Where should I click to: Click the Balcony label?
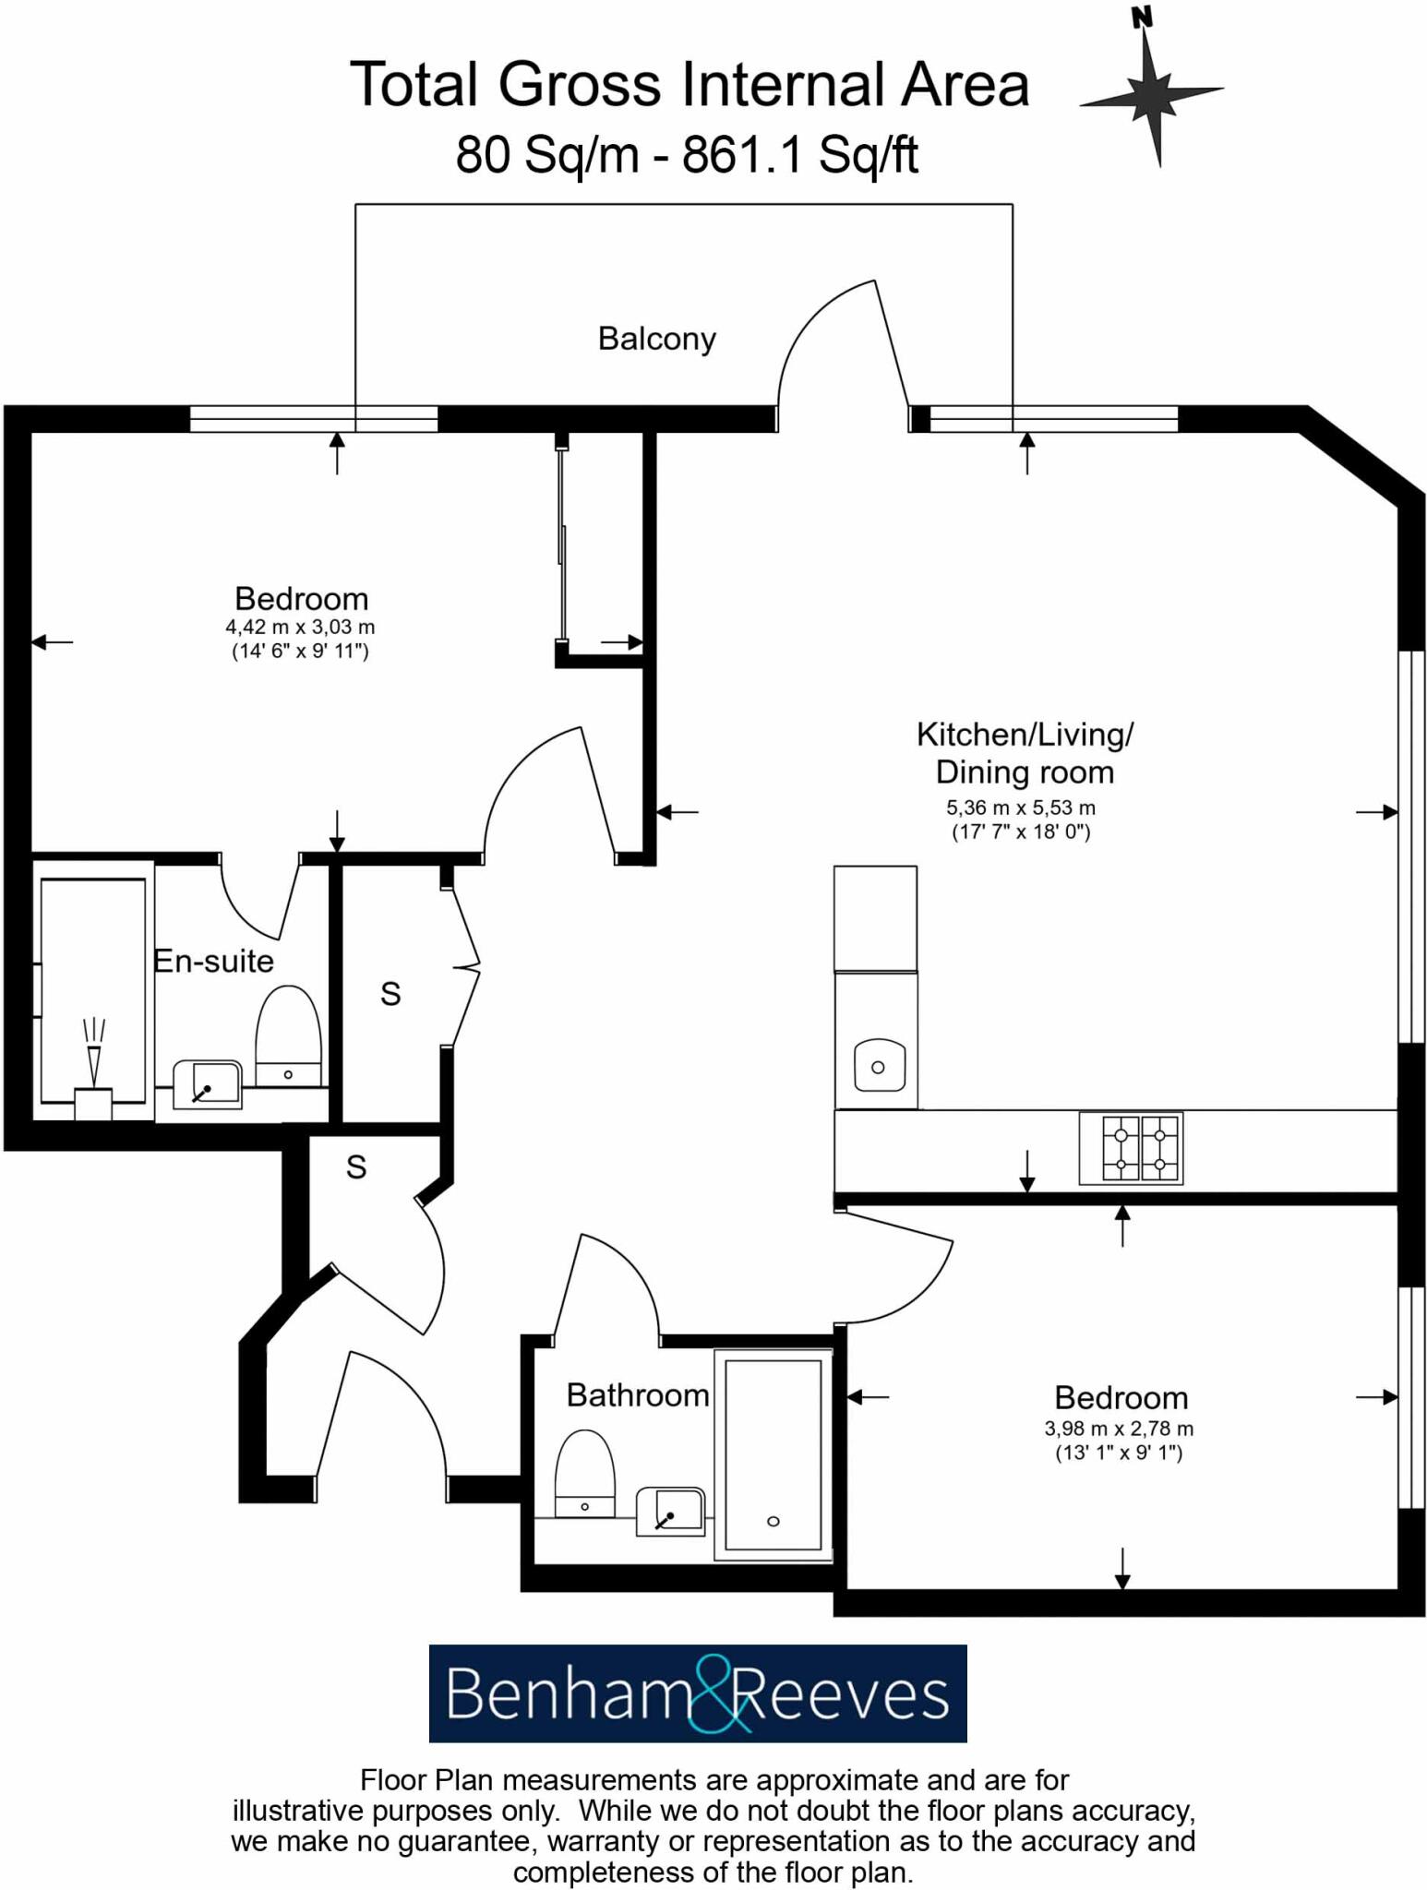[x=656, y=339]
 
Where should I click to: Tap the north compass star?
[x=1151, y=93]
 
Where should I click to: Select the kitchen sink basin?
[x=878, y=1066]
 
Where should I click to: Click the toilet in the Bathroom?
[x=584, y=1474]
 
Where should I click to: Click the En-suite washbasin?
[x=208, y=1084]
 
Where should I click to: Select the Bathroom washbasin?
[x=671, y=1511]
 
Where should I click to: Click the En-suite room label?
[x=213, y=961]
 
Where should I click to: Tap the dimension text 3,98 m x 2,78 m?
[x=1119, y=1429]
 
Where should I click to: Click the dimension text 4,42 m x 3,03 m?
[x=300, y=627]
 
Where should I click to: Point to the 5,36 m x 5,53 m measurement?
[x=1020, y=807]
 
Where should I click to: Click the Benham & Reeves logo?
[x=698, y=1694]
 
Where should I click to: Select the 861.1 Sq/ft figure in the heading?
[x=799, y=154]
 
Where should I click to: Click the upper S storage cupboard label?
[x=390, y=994]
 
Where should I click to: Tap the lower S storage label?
[x=356, y=1167]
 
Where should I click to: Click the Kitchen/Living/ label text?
[x=1025, y=735]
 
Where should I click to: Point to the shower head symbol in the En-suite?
[x=93, y=1052]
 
